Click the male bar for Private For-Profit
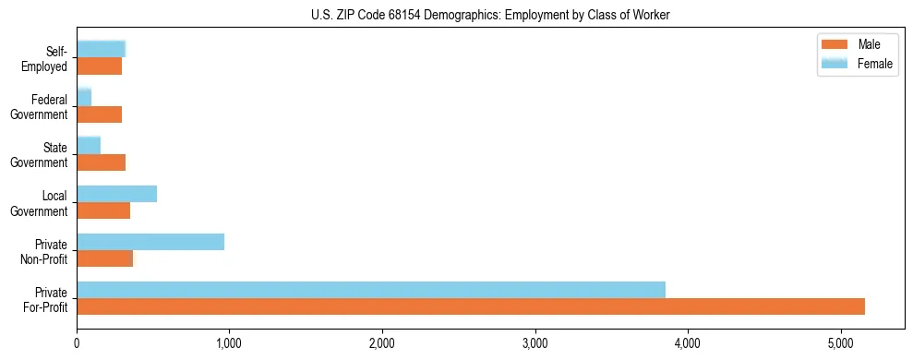click(x=471, y=306)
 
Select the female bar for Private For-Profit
click(x=371, y=290)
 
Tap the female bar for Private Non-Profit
click(x=150, y=242)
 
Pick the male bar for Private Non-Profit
click(x=105, y=258)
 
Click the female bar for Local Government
click(x=117, y=194)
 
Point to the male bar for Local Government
click(x=103, y=210)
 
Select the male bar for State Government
click(x=102, y=162)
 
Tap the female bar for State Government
click(x=89, y=146)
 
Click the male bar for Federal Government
click(x=100, y=114)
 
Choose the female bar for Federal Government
click(x=84, y=98)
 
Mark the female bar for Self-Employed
click(x=101, y=50)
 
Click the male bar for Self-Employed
click(x=100, y=66)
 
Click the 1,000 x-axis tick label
click(x=229, y=344)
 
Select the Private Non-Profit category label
click(x=45, y=252)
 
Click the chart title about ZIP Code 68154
click(x=490, y=15)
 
